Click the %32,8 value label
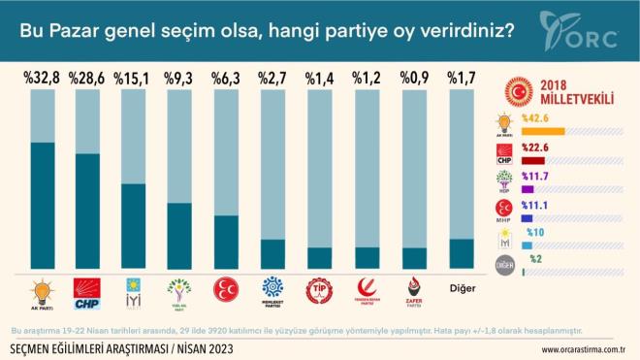(x=42, y=78)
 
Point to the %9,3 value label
(x=180, y=78)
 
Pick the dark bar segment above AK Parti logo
(x=42, y=204)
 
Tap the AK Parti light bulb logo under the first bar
(x=42, y=289)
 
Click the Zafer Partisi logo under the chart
(x=415, y=289)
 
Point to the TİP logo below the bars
(x=319, y=289)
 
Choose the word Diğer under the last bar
(x=462, y=286)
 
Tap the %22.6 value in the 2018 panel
(x=534, y=148)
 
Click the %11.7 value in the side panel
(x=534, y=176)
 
